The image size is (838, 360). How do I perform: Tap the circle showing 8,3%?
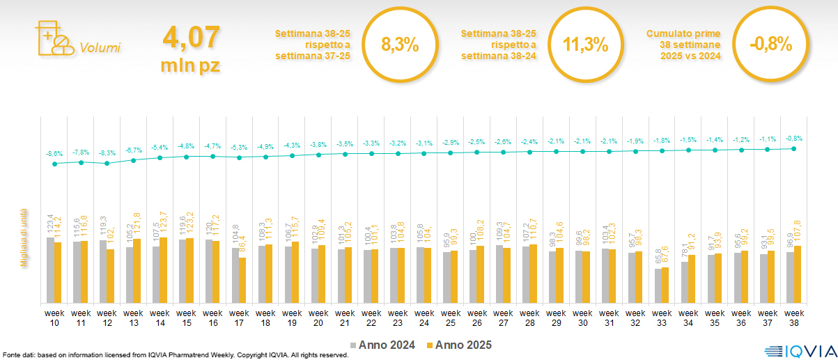click(400, 45)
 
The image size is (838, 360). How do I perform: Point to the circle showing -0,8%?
click(771, 45)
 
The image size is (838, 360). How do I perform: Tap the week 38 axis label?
click(794, 318)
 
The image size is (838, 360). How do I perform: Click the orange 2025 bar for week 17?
click(242, 280)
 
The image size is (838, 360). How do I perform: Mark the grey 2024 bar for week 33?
click(658, 285)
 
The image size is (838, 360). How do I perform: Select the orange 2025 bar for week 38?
click(798, 274)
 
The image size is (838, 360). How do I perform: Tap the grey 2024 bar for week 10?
click(50, 270)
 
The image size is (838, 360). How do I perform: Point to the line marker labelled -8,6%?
click(54, 164)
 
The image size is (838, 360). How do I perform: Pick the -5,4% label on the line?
click(160, 148)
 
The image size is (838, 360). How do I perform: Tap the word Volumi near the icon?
click(100, 48)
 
